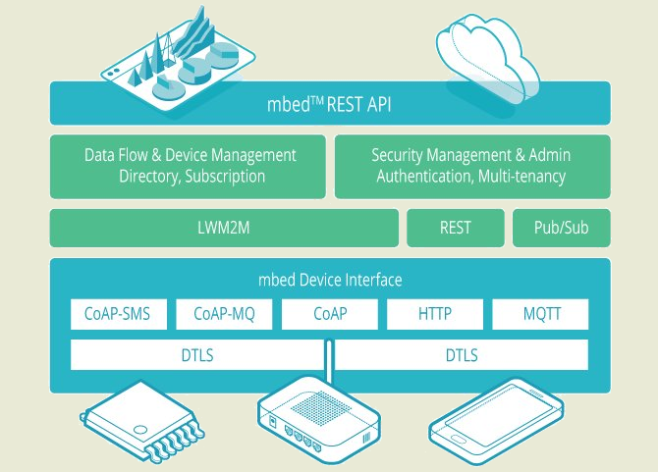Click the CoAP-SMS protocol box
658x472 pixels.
[x=119, y=314]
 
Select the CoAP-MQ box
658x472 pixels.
[x=224, y=314]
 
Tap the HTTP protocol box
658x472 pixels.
[x=435, y=314]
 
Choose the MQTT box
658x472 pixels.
[x=540, y=314]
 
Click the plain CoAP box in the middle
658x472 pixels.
[x=330, y=314]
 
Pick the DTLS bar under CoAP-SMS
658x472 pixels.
[x=197, y=355]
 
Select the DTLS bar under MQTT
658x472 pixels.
[x=462, y=355]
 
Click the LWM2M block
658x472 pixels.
[x=224, y=228]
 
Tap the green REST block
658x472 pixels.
[x=456, y=228]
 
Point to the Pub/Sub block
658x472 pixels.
[x=562, y=228]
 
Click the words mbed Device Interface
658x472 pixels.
[x=330, y=280]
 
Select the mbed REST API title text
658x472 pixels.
[x=329, y=104]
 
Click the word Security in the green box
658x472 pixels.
[x=397, y=155]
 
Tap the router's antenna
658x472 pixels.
[x=329, y=360]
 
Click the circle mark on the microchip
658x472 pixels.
[x=140, y=430]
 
